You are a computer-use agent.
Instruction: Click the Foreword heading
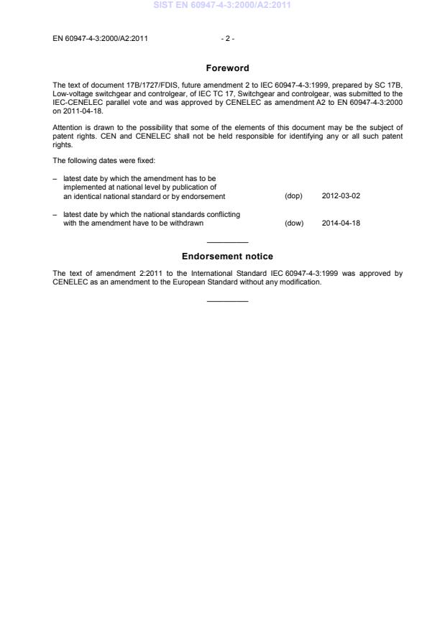(226, 68)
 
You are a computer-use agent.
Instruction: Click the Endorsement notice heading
(226, 256)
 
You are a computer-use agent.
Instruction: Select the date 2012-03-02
(341, 196)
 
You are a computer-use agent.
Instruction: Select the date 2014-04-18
(341, 223)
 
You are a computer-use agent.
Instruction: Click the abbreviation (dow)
(293, 223)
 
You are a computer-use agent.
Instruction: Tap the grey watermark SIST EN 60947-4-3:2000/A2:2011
(221, 6)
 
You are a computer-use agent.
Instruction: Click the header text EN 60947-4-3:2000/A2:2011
(101, 38)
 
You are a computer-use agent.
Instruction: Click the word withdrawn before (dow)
(188, 223)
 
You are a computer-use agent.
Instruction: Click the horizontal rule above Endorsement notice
(226, 242)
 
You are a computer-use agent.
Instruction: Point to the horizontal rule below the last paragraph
(226, 300)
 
